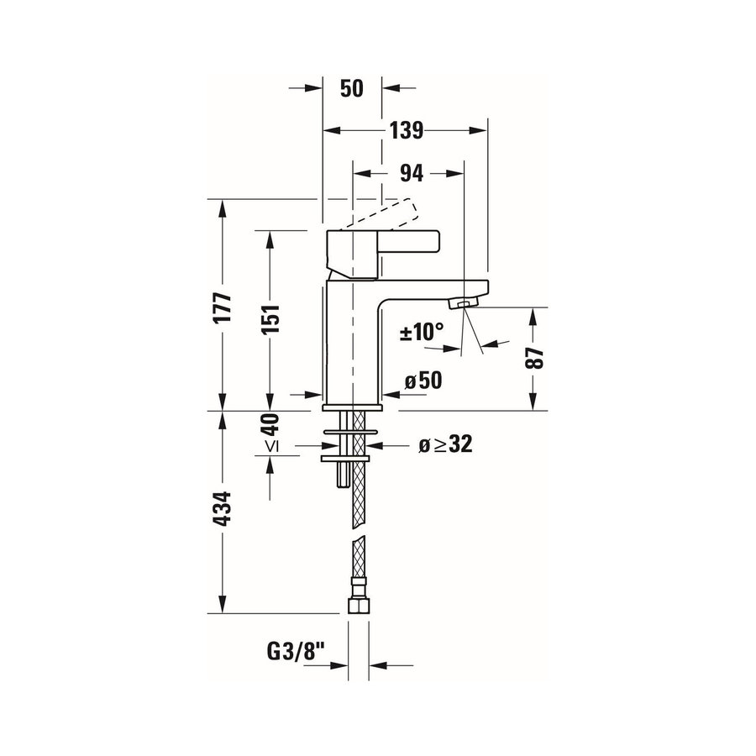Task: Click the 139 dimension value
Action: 406,130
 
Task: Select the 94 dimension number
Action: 410,173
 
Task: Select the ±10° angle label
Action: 421,332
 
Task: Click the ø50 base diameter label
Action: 423,380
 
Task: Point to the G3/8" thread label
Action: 295,650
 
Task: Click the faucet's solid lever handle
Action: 382,244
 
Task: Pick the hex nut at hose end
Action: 358,604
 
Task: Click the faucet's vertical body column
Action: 353,344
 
